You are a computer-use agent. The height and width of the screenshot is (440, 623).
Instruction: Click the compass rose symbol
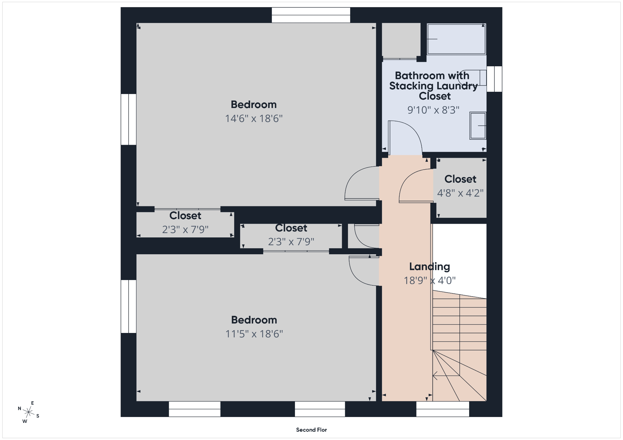[29, 413]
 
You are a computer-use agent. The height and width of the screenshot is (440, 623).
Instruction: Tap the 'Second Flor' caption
[311, 430]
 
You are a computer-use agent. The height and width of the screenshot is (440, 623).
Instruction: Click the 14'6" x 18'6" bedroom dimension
[254, 119]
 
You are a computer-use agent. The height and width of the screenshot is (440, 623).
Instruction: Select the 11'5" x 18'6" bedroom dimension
[254, 334]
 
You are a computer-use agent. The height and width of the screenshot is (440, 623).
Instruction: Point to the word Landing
[430, 267]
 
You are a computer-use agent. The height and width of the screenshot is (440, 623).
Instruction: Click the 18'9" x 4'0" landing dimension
[430, 281]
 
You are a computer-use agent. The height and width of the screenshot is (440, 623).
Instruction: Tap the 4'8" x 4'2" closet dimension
[460, 193]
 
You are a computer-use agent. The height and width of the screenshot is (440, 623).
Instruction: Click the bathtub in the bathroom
[456, 39]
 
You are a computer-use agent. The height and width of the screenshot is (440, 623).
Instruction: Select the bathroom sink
[478, 125]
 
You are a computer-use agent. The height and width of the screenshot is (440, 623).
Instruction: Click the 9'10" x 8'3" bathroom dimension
[434, 110]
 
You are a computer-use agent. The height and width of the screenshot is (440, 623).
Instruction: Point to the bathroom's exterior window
[494, 79]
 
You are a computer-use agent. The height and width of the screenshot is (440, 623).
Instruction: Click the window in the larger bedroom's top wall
[311, 15]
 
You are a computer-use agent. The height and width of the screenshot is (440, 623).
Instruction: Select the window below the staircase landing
[443, 409]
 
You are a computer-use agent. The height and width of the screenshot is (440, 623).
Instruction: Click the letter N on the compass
[20, 409]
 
